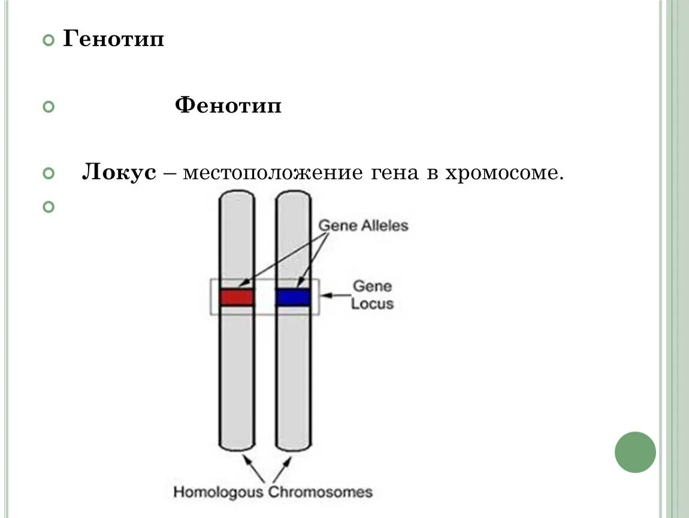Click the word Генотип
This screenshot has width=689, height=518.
pos(114,41)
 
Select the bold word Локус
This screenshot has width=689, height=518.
pos(119,173)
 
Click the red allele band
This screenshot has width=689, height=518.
pos(237,297)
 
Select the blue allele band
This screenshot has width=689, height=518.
pos(293,297)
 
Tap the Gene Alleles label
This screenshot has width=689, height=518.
pos(363,225)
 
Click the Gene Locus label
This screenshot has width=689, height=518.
pos(372,294)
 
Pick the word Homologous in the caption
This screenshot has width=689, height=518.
pos(218,492)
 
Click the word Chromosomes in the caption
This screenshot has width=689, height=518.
pos(320,492)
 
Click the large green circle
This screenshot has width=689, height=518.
pos(635,452)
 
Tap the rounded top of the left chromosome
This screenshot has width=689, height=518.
pos(237,194)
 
